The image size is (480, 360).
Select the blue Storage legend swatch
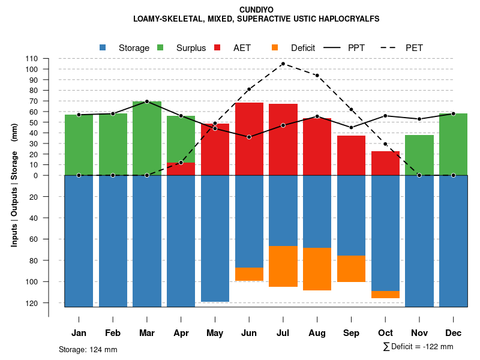tap(103, 47)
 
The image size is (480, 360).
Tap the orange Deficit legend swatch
tap(275, 47)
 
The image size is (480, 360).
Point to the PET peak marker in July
tap(283, 64)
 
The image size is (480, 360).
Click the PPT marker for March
tap(147, 101)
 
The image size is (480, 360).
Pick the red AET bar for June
tap(249, 138)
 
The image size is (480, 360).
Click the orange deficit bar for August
tap(317, 269)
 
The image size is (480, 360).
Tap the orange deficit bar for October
tap(385, 294)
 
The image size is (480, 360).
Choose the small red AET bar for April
tap(181, 169)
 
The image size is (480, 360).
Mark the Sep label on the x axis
tap(351, 333)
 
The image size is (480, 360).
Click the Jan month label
tap(79, 333)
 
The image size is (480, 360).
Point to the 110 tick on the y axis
tap(32, 59)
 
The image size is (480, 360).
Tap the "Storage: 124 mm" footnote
tap(88, 349)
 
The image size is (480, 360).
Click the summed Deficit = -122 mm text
tap(418, 346)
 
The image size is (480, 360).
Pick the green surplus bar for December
tap(453, 144)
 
